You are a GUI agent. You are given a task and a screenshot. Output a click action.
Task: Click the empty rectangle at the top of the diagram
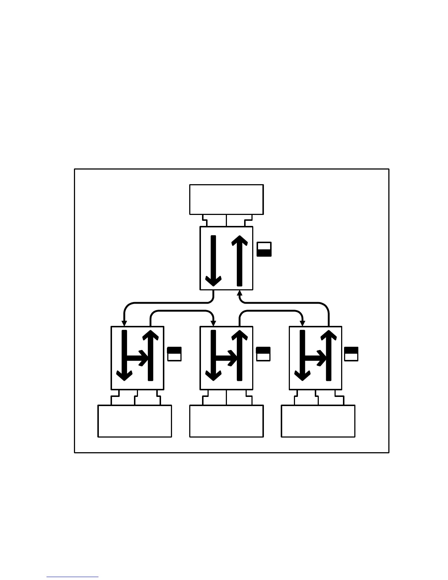[226, 199]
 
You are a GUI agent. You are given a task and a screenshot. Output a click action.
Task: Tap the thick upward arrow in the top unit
[240, 260]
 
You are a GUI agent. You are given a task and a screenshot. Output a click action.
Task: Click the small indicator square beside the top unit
[264, 249]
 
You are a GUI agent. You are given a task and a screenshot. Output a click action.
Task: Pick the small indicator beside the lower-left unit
[174, 354]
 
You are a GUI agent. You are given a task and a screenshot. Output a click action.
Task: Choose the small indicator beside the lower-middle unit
[264, 354]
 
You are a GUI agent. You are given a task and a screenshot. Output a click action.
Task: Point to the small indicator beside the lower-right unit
[351, 354]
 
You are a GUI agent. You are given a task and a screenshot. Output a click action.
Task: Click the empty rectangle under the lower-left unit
[135, 421]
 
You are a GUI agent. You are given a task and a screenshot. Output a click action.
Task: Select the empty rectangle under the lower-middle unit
[226, 421]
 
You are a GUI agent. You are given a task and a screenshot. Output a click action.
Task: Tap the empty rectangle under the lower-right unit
[318, 421]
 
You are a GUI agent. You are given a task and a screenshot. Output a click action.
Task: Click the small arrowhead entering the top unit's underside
[240, 293]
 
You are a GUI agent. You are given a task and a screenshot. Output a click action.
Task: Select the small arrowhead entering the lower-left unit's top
[124, 323]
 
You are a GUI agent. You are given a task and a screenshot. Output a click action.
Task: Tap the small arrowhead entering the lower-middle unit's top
[213, 323]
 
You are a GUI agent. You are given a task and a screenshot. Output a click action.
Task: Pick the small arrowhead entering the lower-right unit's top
[303, 323]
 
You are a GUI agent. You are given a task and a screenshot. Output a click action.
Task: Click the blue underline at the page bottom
[72, 577]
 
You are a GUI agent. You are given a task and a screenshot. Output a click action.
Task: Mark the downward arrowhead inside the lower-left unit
[124, 376]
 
